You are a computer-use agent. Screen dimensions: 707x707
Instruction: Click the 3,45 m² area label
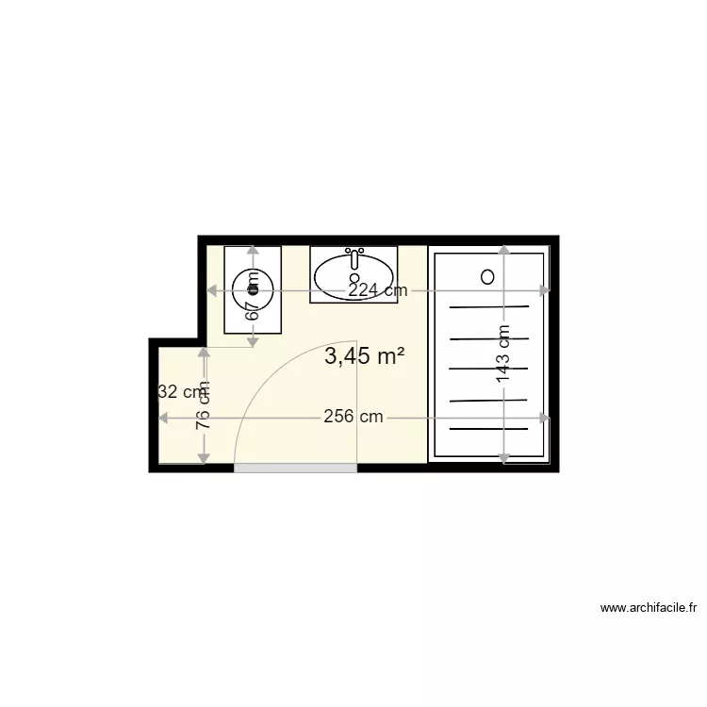point(364,356)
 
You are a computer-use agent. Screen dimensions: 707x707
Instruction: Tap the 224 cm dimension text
point(377,291)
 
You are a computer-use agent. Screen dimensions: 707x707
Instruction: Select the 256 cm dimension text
point(353,417)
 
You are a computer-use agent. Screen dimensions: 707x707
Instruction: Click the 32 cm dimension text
point(179,392)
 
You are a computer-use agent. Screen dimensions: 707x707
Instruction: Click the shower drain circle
point(487,277)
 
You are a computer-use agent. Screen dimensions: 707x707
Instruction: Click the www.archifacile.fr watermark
point(648,609)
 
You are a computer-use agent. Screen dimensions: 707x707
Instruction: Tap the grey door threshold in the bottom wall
point(295,468)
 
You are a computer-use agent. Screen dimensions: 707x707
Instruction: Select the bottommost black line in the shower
point(488,429)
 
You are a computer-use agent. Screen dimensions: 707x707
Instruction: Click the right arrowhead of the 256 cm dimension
point(544,417)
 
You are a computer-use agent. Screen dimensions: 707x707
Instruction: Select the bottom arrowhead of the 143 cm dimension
point(504,459)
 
